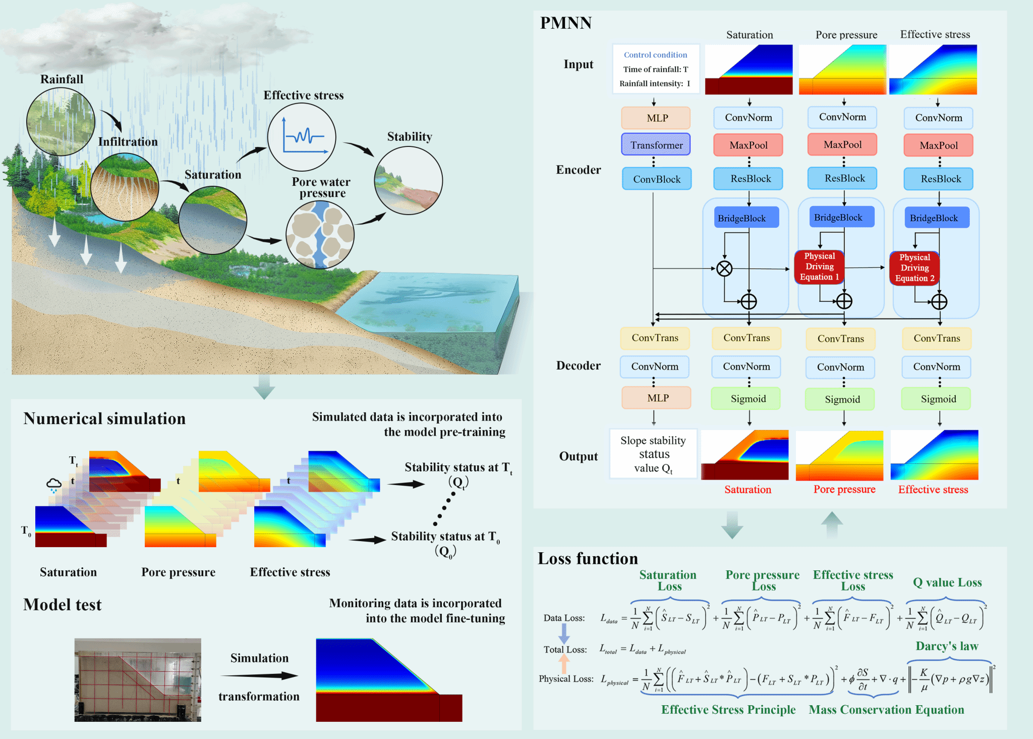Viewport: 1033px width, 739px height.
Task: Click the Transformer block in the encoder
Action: click(656, 145)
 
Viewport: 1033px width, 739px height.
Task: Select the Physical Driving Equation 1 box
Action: click(819, 267)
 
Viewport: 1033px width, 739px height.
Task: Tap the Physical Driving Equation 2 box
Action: click(914, 268)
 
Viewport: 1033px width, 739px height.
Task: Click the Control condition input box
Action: click(656, 69)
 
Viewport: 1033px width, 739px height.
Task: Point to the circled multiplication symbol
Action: click(724, 269)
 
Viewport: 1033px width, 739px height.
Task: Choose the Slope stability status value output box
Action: click(653, 454)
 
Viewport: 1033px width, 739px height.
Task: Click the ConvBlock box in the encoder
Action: click(656, 179)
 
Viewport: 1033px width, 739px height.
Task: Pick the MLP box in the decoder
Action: click(656, 398)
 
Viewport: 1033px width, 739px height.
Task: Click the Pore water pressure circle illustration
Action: click(320, 235)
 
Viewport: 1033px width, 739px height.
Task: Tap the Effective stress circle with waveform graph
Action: click(302, 137)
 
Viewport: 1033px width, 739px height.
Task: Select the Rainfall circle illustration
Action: click(61, 122)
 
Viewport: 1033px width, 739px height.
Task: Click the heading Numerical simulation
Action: click(104, 418)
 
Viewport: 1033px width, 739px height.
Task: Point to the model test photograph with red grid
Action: click(138, 679)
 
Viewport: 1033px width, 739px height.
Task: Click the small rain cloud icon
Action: click(53, 485)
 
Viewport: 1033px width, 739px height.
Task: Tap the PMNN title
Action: click(565, 23)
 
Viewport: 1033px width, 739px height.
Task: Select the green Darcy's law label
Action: click(947, 646)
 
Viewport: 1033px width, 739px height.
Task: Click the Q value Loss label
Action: click(947, 583)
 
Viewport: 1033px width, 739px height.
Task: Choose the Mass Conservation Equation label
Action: click(886, 710)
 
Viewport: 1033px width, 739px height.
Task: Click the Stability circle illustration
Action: click(408, 180)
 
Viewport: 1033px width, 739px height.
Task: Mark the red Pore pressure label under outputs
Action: click(844, 489)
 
